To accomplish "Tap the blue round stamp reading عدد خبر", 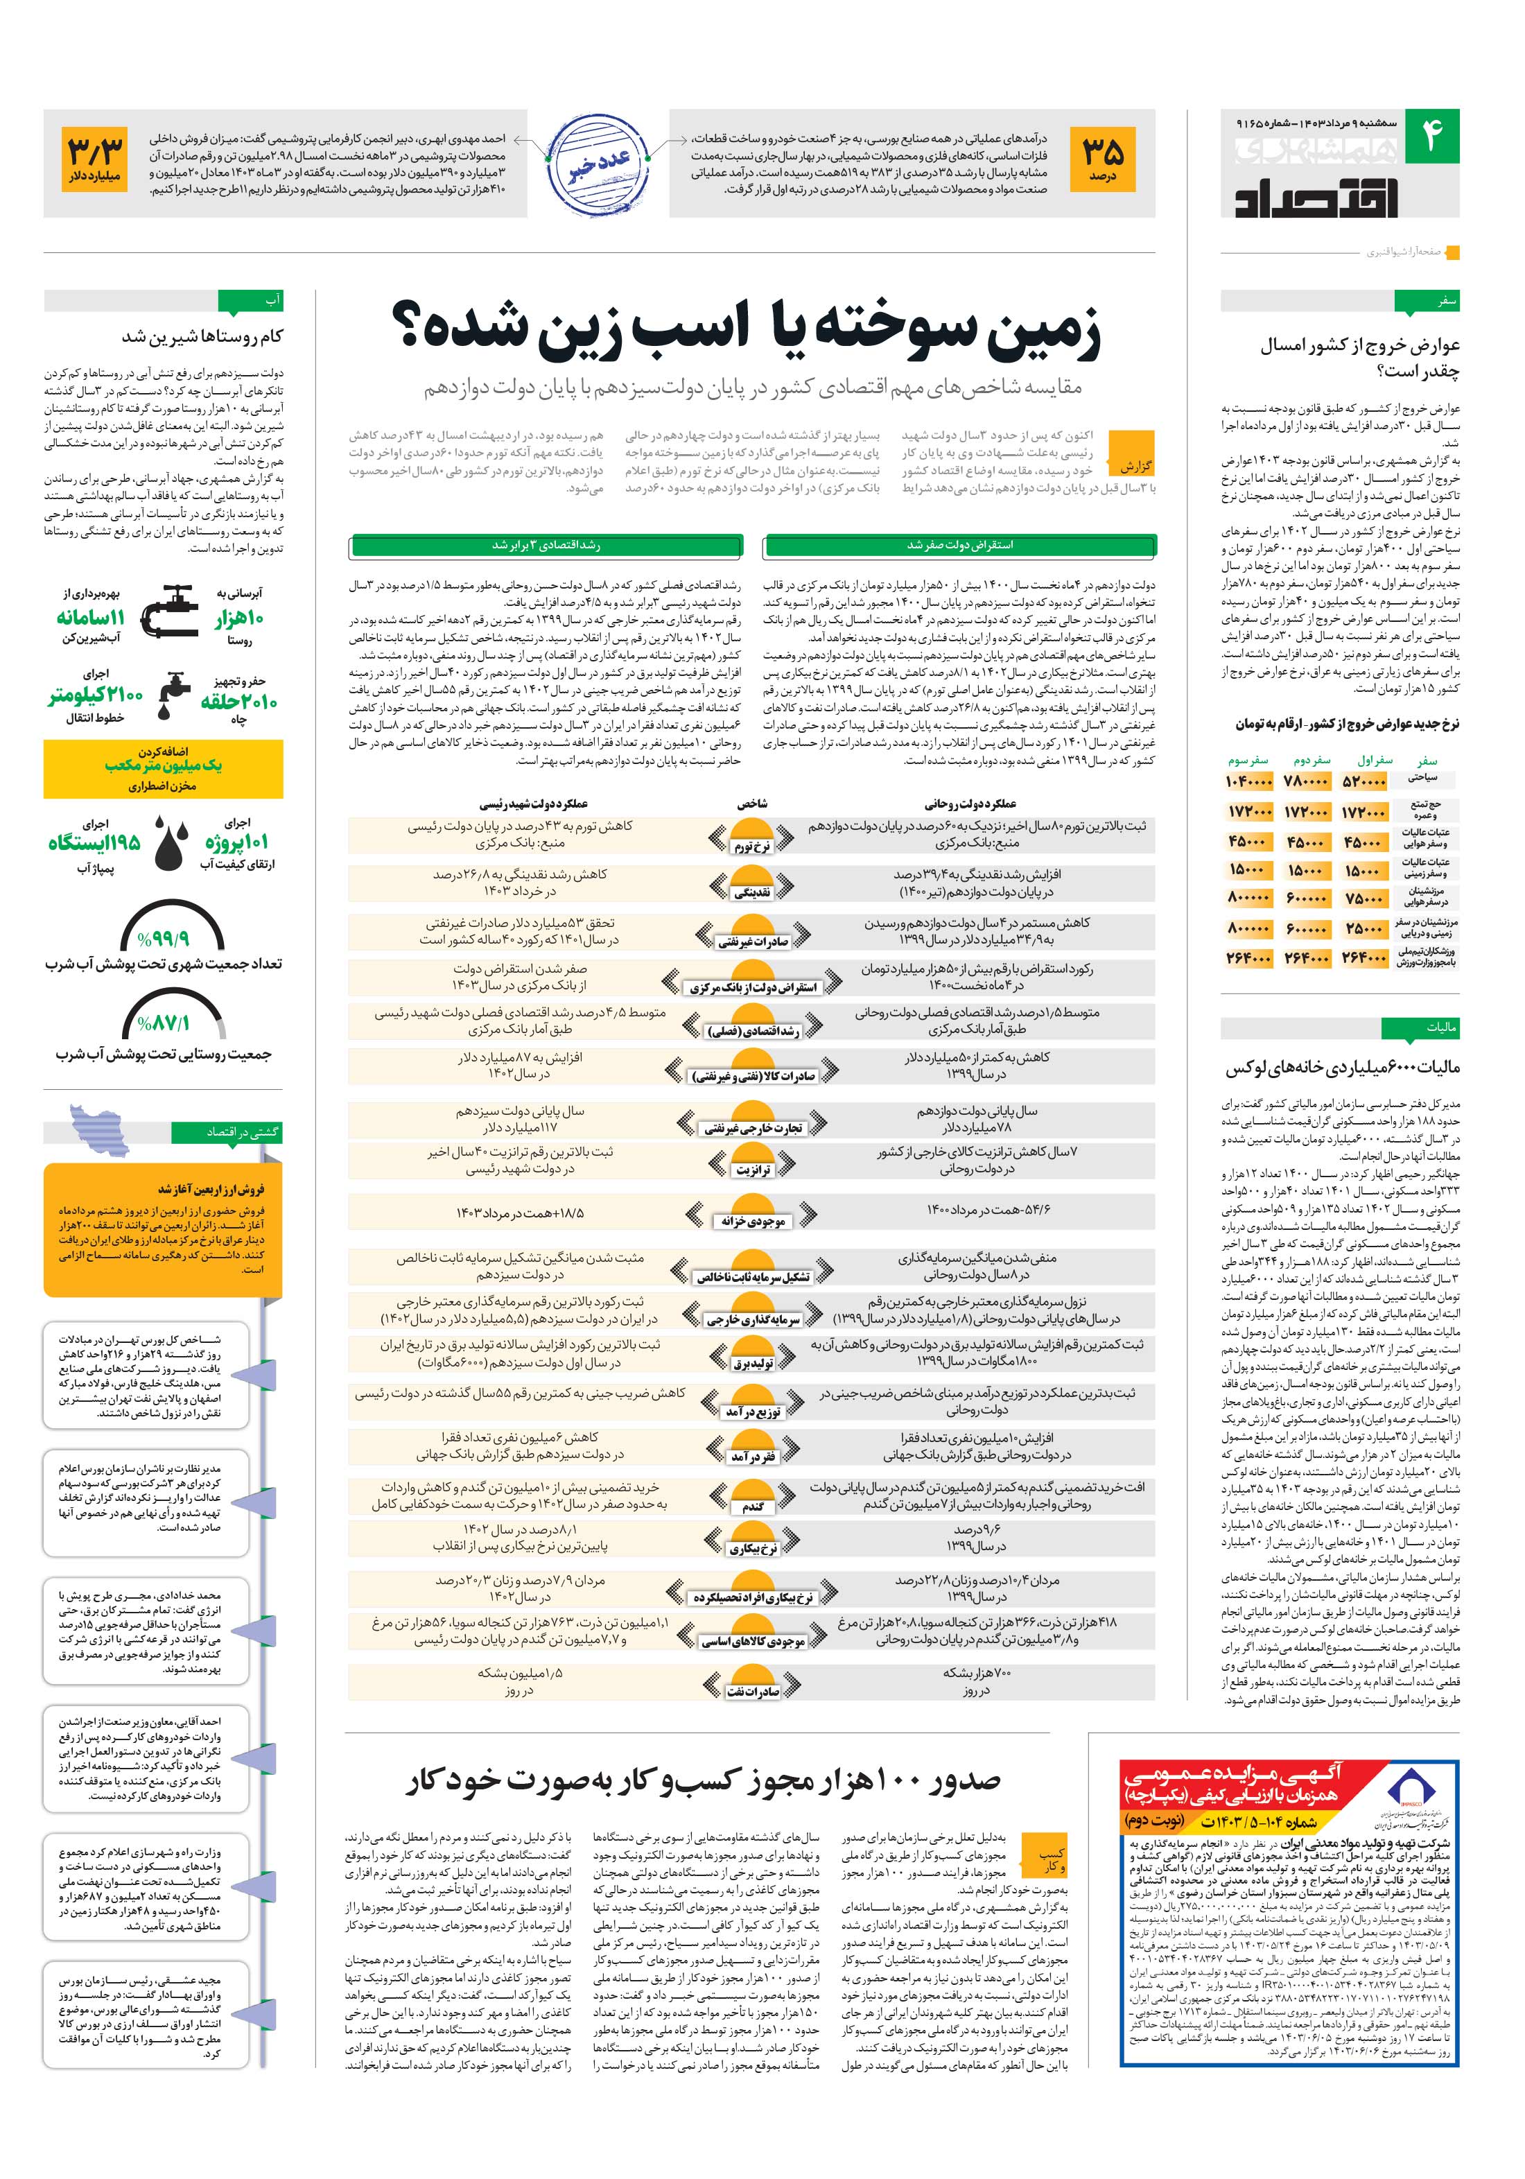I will tap(598, 164).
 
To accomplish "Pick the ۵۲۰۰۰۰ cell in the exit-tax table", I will tap(1363, 782).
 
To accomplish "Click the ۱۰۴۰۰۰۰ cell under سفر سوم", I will tap(1249, 782).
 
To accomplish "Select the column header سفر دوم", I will tap(1309, 760).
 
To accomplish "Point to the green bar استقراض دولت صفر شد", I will tap(959, 546).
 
